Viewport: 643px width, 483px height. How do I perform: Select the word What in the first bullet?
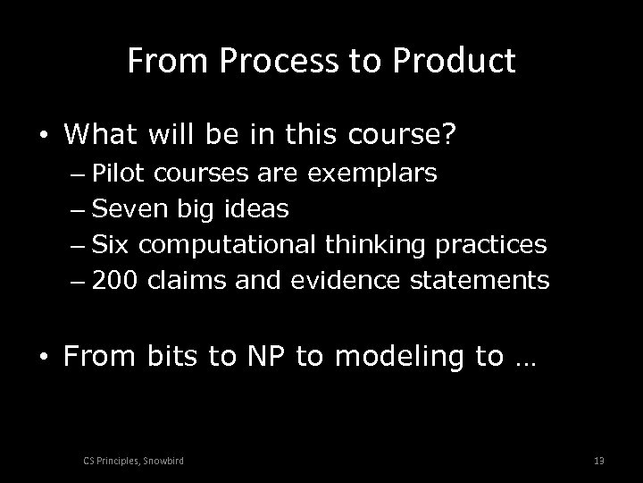(96, 135)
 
